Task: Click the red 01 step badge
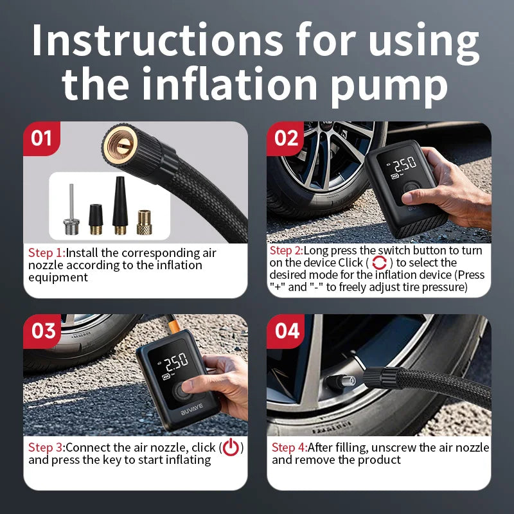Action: tap(42, 137)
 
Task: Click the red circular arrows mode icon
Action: tap(380, 263)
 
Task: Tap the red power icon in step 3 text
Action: tap(231, 447)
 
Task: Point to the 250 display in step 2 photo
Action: tap(404, 164)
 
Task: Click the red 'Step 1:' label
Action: tap(46, 253)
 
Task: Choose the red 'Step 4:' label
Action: tap(289, 447)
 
